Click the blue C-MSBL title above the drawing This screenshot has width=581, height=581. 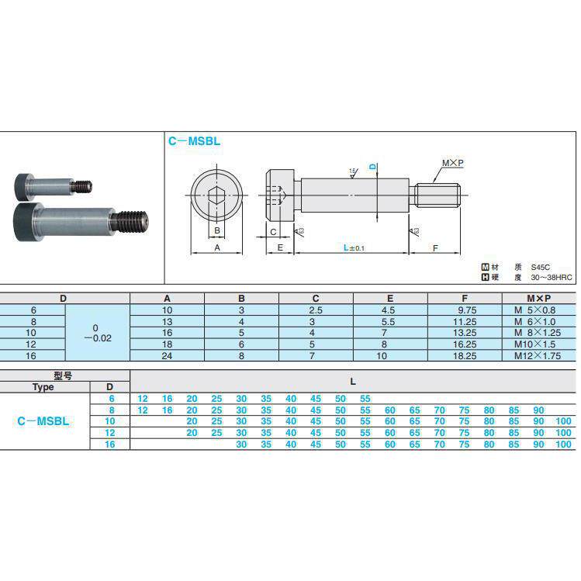[x=194, y=141]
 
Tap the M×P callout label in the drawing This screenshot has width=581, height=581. [x=452, y=163]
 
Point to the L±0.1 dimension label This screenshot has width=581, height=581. [x=354, y=247]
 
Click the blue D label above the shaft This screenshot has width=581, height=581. [x=373, y=167]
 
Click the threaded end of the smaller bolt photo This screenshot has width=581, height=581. [x=82, y=186]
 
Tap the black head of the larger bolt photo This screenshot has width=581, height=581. [x=23, y=223]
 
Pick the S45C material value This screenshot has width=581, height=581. [x=540, y=267]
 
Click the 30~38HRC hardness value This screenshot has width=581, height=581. [x=551, y=277]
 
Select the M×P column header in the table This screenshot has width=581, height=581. [x=539, y=299]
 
